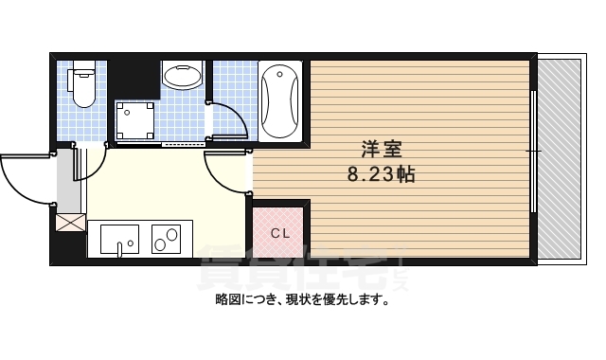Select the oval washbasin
182,75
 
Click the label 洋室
382,151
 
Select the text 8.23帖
382,174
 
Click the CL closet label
281,233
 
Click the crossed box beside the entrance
71,224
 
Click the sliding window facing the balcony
534,152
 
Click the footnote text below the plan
302,301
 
